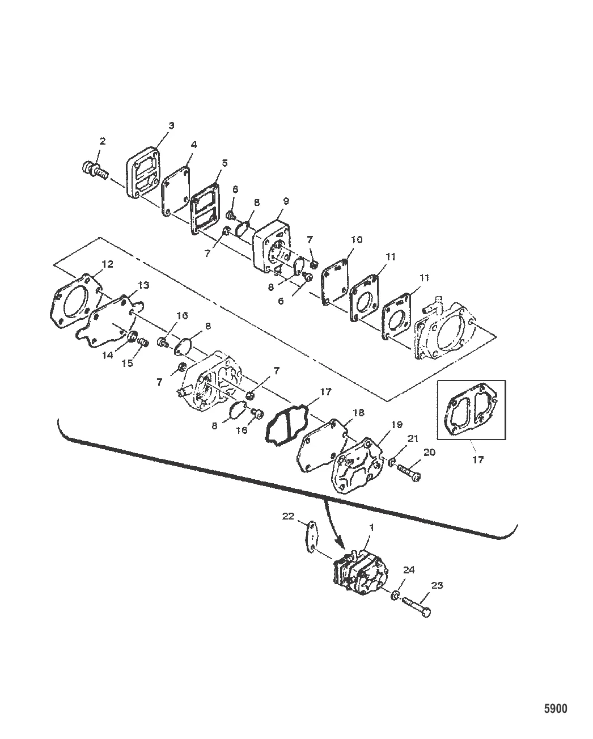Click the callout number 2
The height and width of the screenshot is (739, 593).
[x=102, y=141]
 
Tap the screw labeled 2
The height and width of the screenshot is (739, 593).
[x=95, y=171]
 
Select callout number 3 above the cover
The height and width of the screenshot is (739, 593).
[x=171, y=125]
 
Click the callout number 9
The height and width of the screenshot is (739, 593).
[x=286, y=201]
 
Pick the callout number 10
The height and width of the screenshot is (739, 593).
[x=357, y=239]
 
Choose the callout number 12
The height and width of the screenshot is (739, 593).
[x=107, y=264]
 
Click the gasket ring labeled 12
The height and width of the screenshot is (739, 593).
[x=76, y=301]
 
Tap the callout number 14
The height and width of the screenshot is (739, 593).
[x=108, y=354]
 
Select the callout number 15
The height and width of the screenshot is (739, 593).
[x=128, y=363]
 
